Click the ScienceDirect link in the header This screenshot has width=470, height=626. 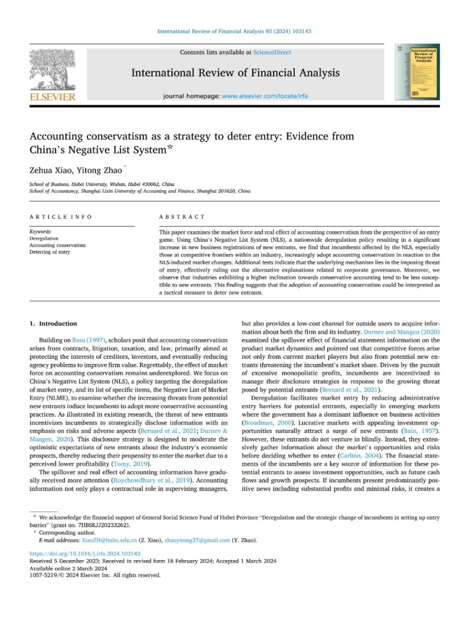tap(272, 52)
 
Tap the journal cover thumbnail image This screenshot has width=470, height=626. tap(417, 71)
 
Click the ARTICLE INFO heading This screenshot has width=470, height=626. tap(61, 217)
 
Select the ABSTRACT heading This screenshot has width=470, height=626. tap(175, 217)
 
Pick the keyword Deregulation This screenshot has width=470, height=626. tap(44, 238)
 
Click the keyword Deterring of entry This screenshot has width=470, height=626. tap(50, 252)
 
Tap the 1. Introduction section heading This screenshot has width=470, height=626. tap(53, 324)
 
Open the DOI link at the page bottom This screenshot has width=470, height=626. tap(85, 554)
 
